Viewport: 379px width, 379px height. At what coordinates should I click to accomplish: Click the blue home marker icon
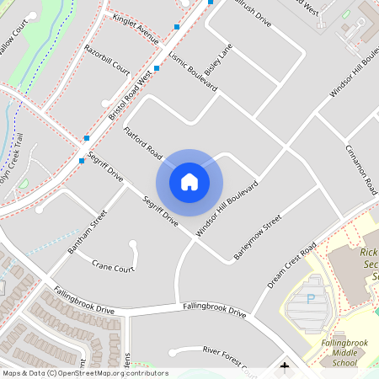(189, 182)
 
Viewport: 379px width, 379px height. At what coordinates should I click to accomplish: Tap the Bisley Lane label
(217, 58)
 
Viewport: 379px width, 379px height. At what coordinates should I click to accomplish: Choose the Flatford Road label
(142, 144)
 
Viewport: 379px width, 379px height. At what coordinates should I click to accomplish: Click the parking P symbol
(310, 298)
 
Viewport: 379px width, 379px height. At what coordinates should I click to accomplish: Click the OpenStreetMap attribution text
(84, 373)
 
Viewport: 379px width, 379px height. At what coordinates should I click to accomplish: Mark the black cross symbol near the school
(285, 366)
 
